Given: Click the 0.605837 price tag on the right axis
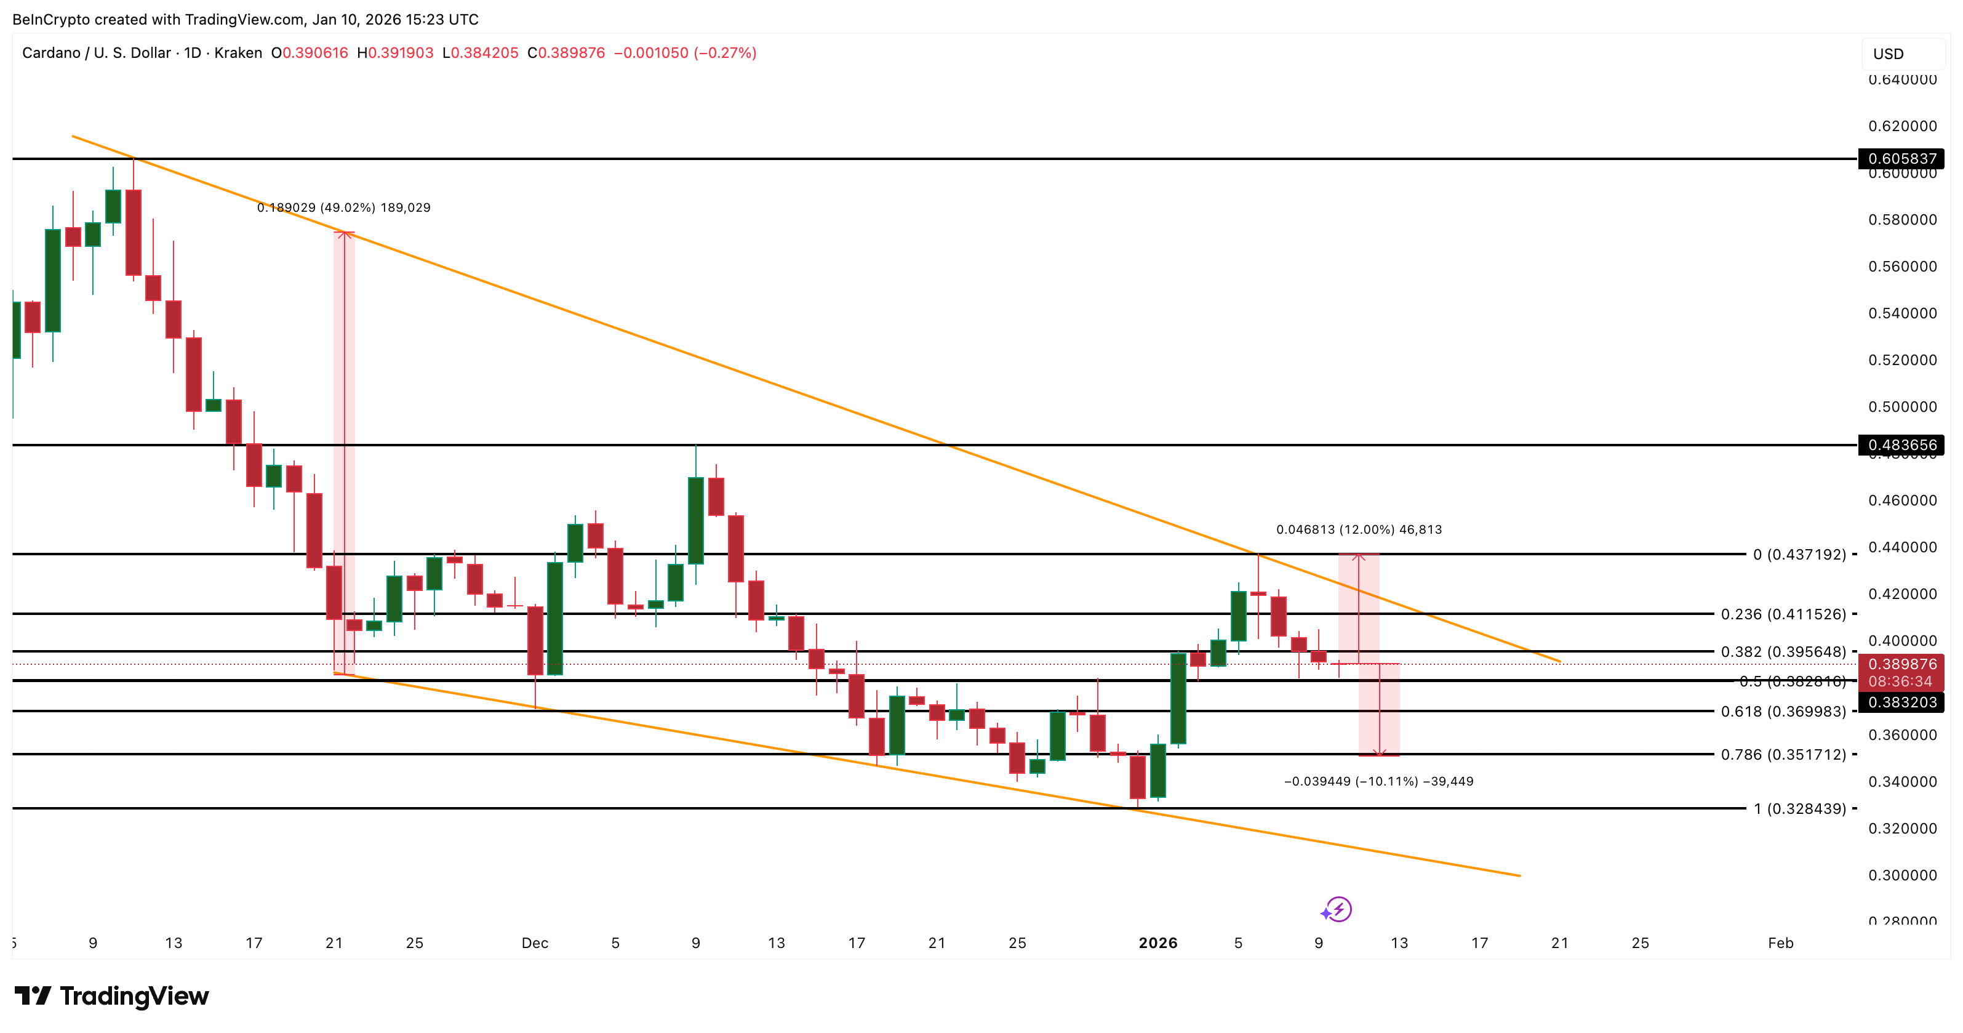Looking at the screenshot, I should [1901, 159].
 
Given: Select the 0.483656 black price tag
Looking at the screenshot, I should [1901, 445].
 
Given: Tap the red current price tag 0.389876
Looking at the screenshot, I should [1901, 665].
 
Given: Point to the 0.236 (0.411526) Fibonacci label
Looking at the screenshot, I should [1783, 614].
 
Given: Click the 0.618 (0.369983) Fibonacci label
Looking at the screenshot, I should [1783, 711].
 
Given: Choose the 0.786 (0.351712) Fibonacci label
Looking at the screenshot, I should [1783, 755].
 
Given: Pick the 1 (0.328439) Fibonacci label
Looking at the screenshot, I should [1799, 809].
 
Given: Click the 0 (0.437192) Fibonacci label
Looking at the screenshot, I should [1799, 554].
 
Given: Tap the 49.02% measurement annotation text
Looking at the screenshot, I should [343, 207].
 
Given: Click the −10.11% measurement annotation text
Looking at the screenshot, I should [1378, 781].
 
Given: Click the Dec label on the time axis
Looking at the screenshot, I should [535, 944].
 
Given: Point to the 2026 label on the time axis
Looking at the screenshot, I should [1157, 944].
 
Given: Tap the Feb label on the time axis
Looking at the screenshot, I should [1780, 944].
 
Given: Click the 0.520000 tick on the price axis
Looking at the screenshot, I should [1902, 360].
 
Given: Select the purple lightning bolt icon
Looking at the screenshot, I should [1337, 909].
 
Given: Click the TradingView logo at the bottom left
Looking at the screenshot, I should [112, 997].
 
